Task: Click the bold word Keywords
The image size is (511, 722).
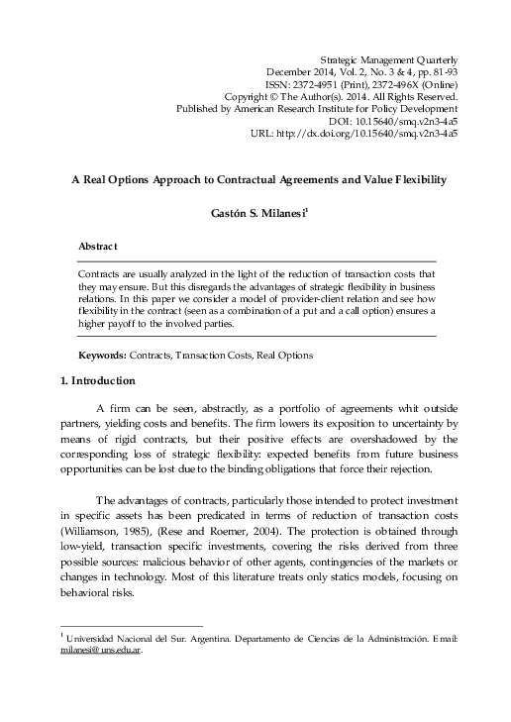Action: click(x=102, y=354)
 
